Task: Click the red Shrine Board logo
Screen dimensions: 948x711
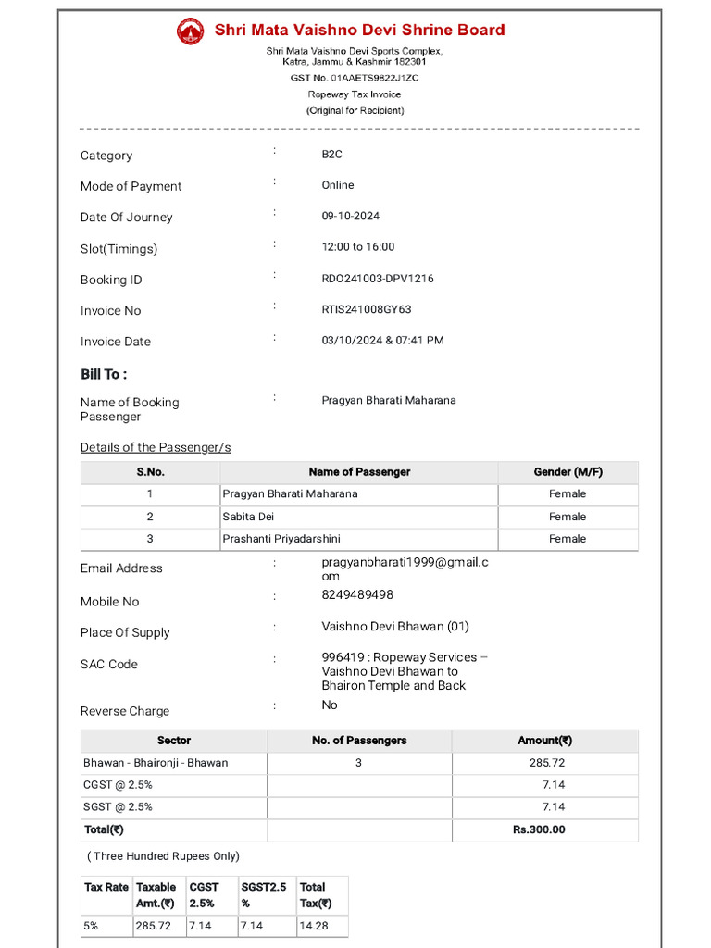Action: coord(190,31)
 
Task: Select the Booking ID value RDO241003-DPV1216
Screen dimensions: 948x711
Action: coord(378,279)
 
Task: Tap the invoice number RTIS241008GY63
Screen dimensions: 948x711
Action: coord(367,309)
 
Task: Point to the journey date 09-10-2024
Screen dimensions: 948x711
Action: coord(351,216)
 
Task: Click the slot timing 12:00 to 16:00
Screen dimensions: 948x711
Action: coord(358,247)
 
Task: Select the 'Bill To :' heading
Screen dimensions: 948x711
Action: coord(104,374)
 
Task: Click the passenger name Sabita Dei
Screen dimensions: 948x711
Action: coord(248,517)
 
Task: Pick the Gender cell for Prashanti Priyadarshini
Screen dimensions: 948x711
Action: coord(568,539)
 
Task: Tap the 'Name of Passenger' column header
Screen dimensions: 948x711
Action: coord(359,472)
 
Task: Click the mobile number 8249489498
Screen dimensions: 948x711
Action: coord(357,594)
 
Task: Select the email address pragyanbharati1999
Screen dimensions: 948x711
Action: coord(405,563)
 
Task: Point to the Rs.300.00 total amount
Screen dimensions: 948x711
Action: coord(539,829)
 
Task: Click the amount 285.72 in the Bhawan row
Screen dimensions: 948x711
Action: coord(546,763)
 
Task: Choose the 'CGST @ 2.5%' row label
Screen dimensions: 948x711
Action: coord(118,785)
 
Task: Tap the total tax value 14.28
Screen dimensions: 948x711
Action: coord(311,925)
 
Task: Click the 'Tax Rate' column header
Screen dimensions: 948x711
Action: coord(106,887)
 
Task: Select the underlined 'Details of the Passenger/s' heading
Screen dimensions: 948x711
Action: coord(156,447)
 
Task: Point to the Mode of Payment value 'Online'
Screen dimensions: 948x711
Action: coord(338,185)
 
